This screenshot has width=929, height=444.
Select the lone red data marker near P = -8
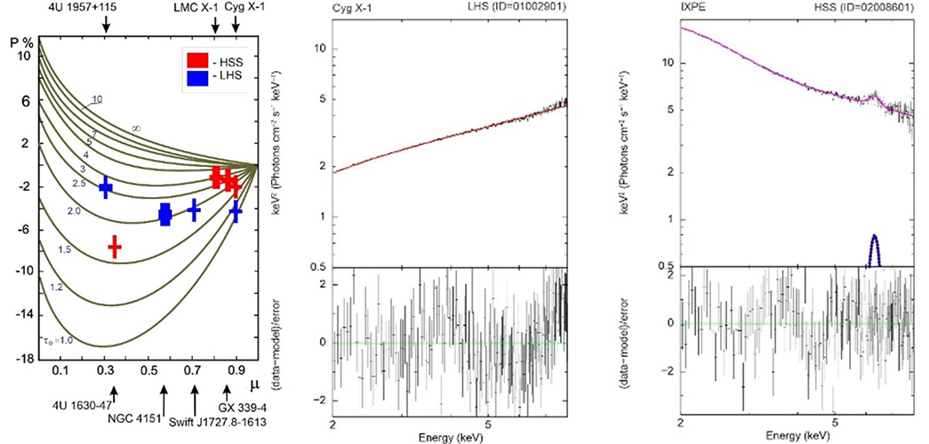(x=114, y=247)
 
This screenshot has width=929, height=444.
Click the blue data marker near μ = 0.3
(x=106, y=187)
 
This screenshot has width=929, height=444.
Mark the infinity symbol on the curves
(x=136, y=129)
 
